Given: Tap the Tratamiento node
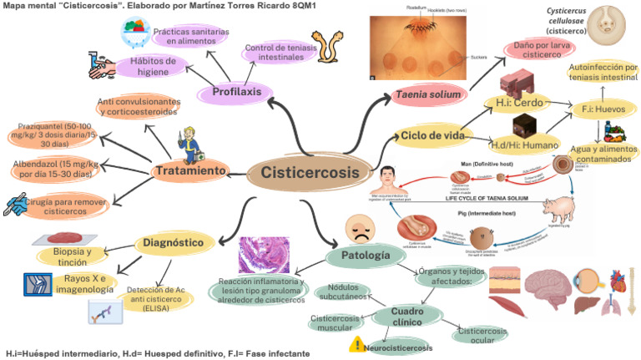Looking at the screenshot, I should [191, 171].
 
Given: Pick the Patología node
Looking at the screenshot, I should [365, 254].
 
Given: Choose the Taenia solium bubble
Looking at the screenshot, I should [428, 95].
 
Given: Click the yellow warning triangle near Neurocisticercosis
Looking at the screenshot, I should [356, 344].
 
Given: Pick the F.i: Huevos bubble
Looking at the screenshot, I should [598, 108].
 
